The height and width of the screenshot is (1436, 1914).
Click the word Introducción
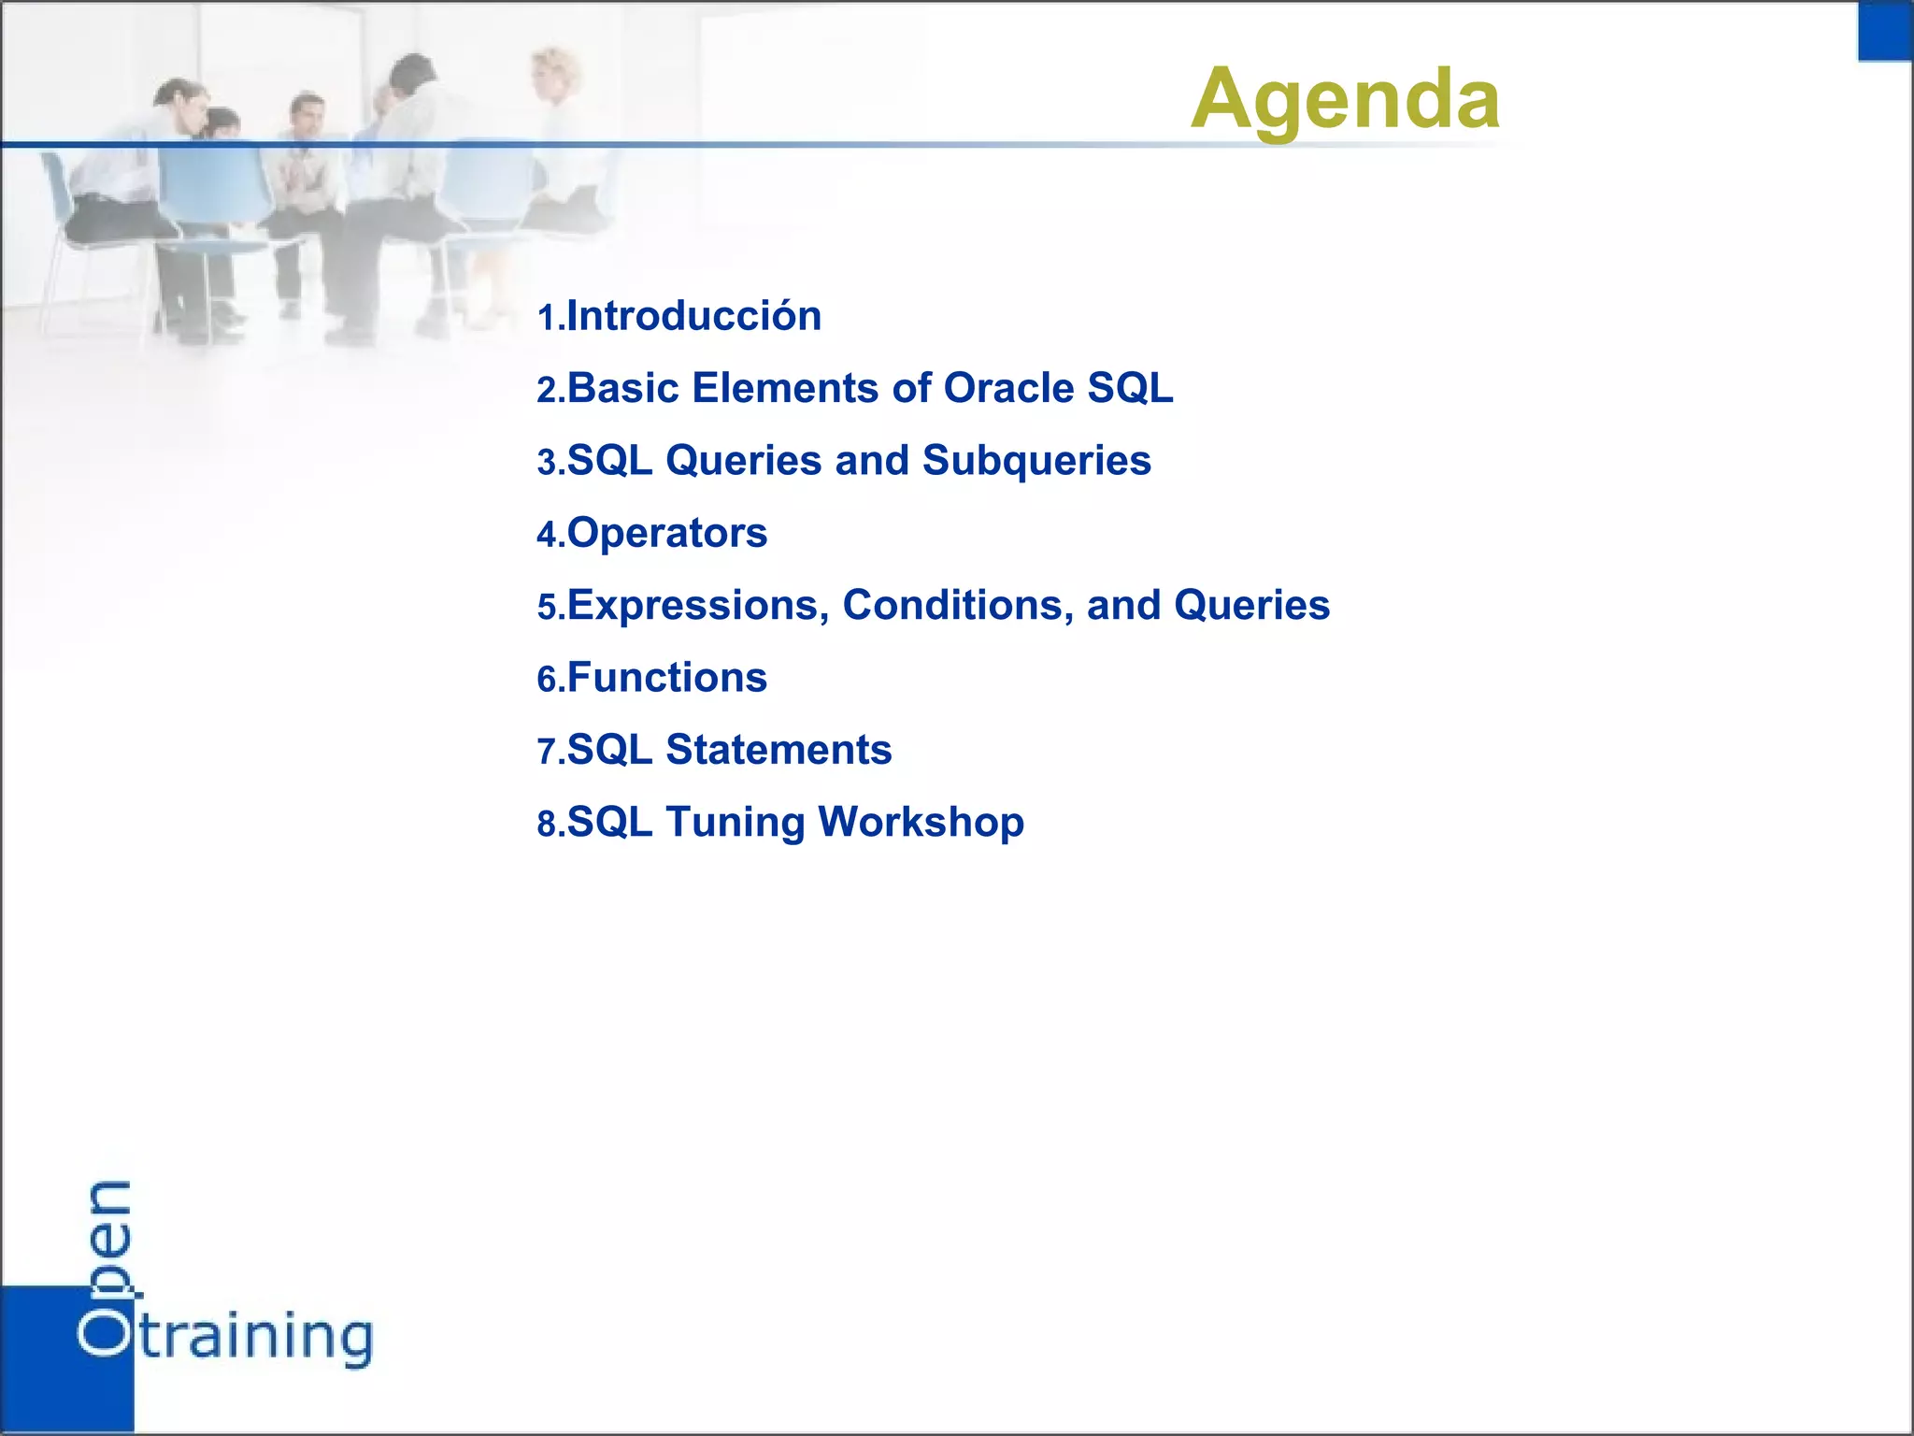point(694,316)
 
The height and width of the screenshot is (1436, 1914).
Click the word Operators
point(667,533)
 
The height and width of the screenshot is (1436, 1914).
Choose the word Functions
point(667,677)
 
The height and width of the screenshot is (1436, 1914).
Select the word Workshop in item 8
point(921,822)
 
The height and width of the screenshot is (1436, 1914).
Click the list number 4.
point(547,535)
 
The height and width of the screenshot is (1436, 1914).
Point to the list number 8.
point(547,825)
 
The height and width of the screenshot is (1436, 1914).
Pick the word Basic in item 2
point(622,388)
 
